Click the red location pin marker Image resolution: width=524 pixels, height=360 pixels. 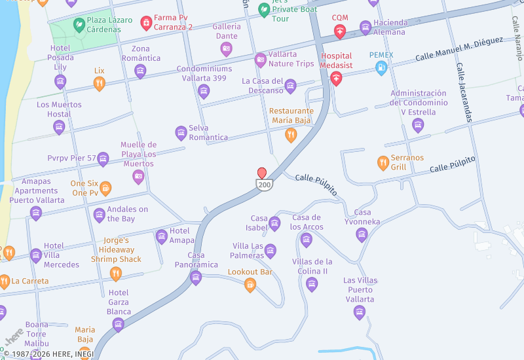pyautogui.click(x=262, y=173)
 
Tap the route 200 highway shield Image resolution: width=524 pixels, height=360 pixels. pyautogui.click(x=264, y=185)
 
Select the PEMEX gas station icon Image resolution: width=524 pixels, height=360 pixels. pyautogui.click(x=381, y=67)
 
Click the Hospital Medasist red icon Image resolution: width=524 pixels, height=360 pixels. pyautogui.click(x=336, y=79)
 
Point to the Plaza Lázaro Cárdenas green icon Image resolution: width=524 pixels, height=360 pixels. pyautogui.click(x=79, y=25)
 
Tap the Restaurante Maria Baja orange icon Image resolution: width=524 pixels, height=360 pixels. pyautogui.click(x=291, y=135)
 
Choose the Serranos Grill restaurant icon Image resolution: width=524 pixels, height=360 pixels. pyautogui.click(x=383, y=162)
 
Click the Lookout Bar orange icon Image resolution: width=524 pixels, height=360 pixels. pyautogui.click(x=250, y=284)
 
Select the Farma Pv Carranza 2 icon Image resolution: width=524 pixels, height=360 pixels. pyautogui.click(x=146, y=24)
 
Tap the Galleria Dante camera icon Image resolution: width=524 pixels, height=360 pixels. pyautogui.click(x=227, y=48)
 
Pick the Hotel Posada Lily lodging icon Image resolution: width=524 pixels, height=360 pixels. pyautogui.click(x=60, y=81)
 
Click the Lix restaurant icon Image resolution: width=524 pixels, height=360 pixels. pyautogui.click(x=99, y=83)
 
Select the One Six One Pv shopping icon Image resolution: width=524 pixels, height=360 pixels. pyautogui.click(x=105, y=189)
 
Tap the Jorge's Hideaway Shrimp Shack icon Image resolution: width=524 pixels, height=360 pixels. pyautogui.click(x=116, y=274)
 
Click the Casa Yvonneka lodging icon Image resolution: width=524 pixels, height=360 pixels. pyautogui.click(x=362, y=234)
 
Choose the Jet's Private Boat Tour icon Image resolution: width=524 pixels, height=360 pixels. pyautogui.click(x=263, y=10)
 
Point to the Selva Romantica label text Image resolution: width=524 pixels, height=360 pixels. pyautogui.click(x=208, y=133)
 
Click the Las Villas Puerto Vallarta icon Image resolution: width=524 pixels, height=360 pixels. pyautogui.click(x=360, y=312)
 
